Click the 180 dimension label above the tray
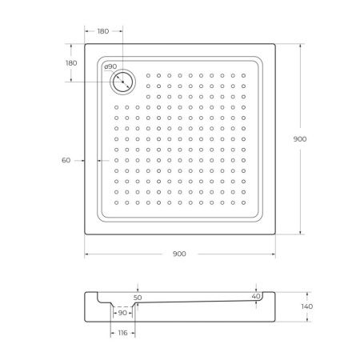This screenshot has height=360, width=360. [104, 32]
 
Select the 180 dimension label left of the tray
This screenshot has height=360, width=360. [70, 63]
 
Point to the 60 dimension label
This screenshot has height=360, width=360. [66, 160]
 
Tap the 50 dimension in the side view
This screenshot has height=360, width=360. [138, 297]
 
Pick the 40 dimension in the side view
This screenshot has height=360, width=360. [256, 297]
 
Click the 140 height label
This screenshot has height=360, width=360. [308, 306]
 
